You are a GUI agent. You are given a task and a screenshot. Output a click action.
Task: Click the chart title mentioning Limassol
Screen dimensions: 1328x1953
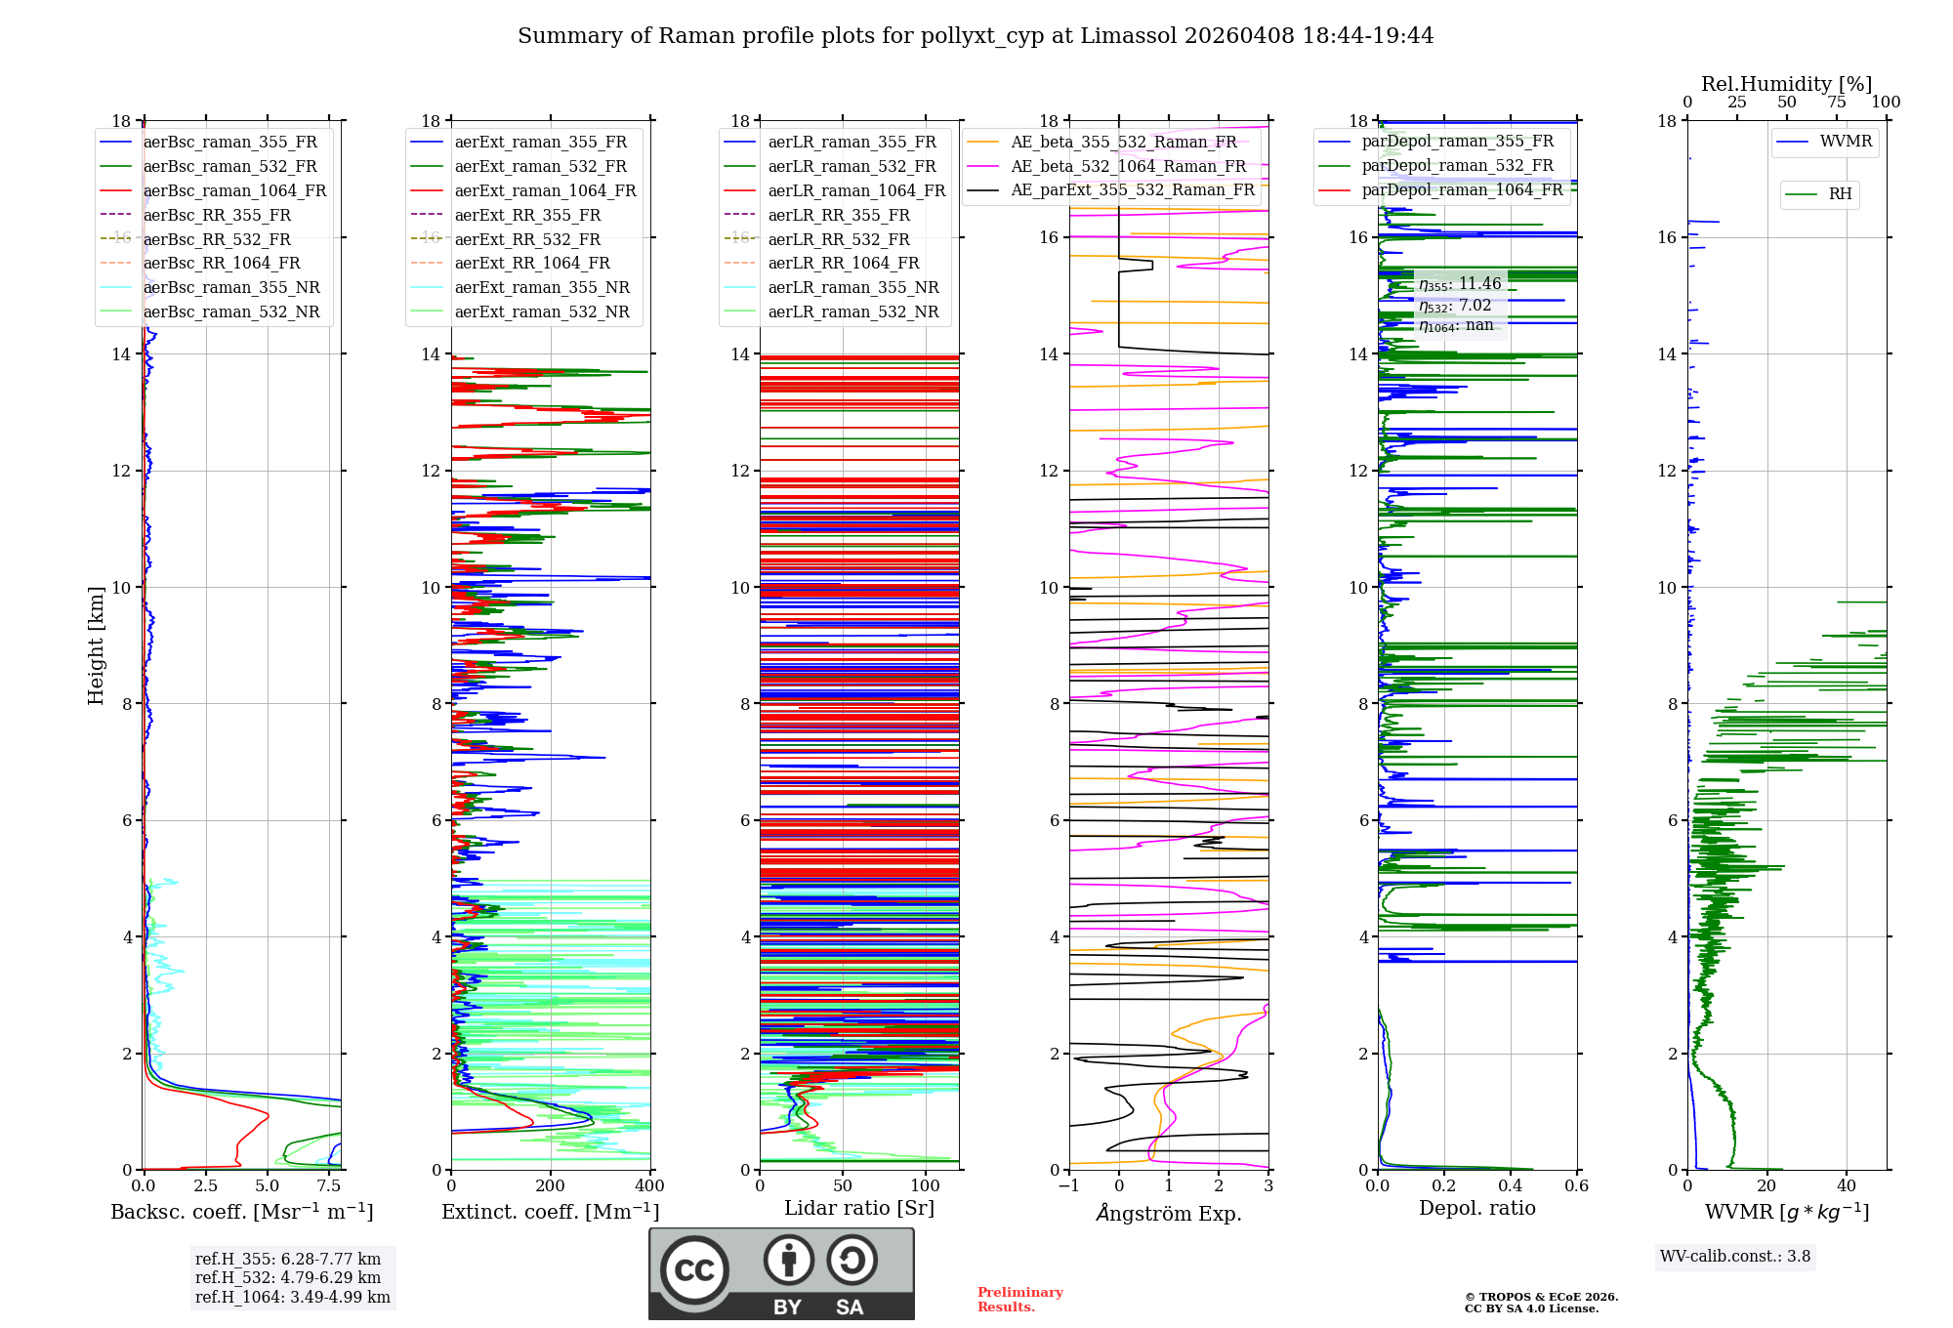coord(976,36)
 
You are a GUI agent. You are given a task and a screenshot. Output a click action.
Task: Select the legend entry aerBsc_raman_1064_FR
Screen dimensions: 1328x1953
coord(234,191)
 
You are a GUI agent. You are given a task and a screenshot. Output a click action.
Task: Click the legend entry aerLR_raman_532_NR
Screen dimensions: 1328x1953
coord(852,312)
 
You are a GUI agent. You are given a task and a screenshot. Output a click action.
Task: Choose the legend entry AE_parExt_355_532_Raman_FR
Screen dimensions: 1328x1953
coord(1132,190)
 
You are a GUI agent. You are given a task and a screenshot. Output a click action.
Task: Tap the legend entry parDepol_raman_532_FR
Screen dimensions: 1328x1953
coord(1457,166)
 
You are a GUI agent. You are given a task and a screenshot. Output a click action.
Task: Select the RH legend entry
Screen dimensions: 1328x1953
coord(1840,194)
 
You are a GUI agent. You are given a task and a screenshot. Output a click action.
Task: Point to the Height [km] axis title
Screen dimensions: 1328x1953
coord(96,645)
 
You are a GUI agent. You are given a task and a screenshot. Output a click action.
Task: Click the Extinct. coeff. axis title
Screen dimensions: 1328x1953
coord(551,1212)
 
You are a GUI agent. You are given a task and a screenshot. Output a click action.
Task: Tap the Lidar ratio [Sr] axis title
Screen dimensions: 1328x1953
coord(859,1208)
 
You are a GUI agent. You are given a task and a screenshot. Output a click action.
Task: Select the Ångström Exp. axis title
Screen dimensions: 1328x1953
coord(1169,1214)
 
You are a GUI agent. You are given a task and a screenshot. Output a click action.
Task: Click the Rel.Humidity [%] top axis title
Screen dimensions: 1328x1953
coord(1786,84)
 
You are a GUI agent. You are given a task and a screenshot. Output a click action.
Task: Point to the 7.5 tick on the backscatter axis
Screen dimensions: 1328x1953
coord(329,1186)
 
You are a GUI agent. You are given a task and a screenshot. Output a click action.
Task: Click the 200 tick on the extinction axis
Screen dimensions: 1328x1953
coord(551,1186)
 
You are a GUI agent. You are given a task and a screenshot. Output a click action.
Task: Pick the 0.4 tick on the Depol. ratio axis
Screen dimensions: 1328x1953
coord(1511,1186)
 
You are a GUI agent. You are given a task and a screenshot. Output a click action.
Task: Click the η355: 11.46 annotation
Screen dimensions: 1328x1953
coord(1460,284)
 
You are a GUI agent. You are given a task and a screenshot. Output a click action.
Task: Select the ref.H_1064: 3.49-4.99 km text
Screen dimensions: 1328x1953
coord(292,1298)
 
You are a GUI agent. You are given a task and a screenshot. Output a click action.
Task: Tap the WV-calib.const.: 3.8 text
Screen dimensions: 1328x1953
coord(1735,1257)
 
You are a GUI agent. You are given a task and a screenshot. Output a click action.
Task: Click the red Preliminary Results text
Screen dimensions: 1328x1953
coord(1019,1300)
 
